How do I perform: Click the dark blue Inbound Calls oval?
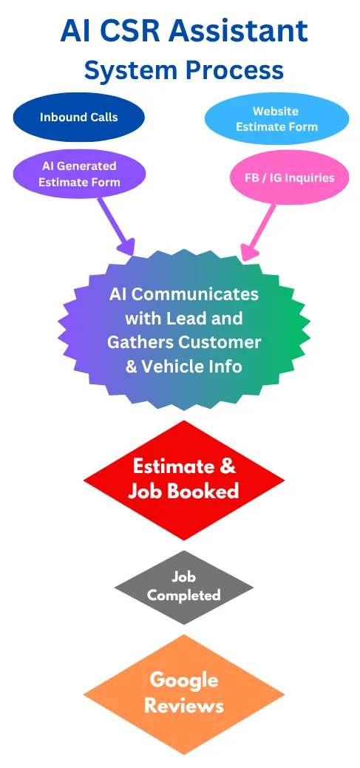click(79, 118)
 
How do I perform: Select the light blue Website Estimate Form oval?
click(276, 119)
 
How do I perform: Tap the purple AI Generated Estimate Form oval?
click(79, 174)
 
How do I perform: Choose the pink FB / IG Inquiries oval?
click(290, 177)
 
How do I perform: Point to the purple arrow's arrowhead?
click(126, 246)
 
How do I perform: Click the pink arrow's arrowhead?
click(251, 251)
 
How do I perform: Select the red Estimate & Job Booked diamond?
click(183, 480)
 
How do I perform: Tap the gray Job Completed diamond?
click(183, 587)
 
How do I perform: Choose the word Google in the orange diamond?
click(184, 680)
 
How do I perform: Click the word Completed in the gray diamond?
click(183, 596)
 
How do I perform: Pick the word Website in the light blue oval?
click(275, 111)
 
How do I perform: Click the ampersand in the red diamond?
click(227, 466)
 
